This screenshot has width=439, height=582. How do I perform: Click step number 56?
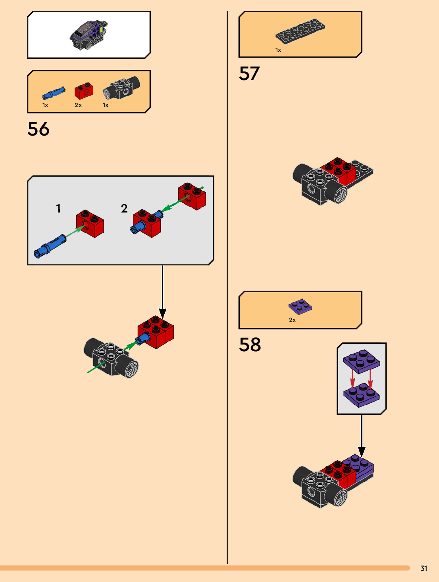point(39,129)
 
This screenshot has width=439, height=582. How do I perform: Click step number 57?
point(249,73)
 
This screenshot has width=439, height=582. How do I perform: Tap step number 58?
point(250,345)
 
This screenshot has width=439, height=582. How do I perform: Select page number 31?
point(424,568)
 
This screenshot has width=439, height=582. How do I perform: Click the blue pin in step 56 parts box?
point(54,93)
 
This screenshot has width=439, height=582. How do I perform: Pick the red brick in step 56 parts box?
point(84,91)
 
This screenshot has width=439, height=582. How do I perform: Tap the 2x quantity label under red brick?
point(78,105)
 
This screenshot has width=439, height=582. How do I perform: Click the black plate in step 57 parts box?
point(300,31)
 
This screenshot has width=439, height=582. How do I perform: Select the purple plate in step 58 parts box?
point(300,306)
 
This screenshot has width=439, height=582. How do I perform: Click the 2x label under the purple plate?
point(292,320)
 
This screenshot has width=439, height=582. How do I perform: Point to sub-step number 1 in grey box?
point(58,208)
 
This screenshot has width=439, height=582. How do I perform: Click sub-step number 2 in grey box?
point(124,208)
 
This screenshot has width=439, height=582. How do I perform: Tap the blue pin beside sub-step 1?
point(50,247)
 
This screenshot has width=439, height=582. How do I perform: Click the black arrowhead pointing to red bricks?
point(162,313)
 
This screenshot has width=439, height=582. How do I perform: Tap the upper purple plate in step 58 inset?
point(361,360)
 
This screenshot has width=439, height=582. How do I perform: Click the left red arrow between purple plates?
point(352,379)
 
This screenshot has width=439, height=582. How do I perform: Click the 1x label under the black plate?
point(278,50)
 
